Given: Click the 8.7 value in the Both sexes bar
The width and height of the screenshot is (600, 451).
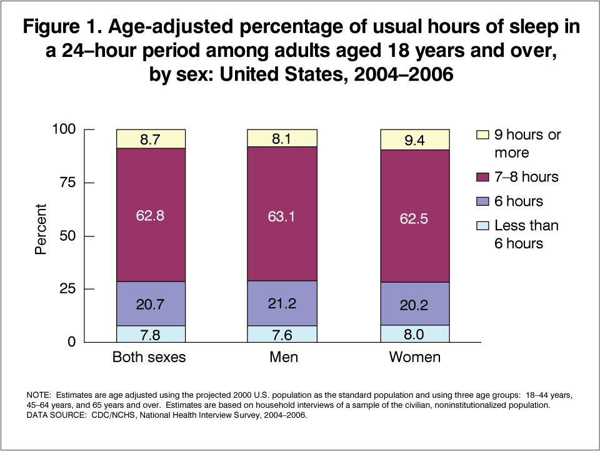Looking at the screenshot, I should (151, 139).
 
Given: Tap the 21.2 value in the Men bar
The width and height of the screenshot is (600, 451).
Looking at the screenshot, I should (282, 304).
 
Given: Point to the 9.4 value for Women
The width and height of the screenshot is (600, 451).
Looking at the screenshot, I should (414, 140).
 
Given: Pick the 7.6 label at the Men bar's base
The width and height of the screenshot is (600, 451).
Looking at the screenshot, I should (282, 334).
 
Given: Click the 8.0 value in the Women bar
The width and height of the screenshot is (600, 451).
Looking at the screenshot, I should (414, 334).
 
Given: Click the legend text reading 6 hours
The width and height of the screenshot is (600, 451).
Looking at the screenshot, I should (518, 201).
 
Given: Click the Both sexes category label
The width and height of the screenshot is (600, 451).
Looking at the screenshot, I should (149, 358).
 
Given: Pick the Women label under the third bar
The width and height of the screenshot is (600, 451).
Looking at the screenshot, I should (414, 358).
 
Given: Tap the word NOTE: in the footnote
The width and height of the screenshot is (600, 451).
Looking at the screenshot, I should (39, 396).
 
